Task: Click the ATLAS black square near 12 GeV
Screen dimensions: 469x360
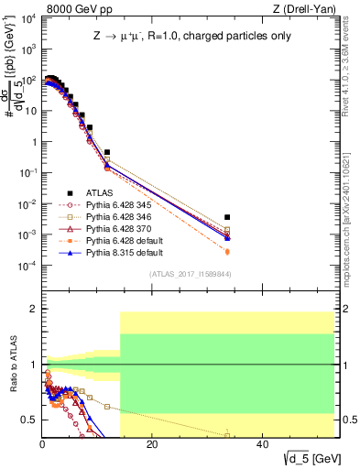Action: [x=107, y=152]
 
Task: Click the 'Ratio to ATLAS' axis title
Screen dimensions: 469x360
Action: [x=12, y=366]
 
